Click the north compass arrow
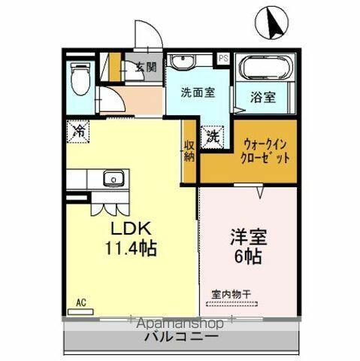click(272, 23)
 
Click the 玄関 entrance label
click(145, 66)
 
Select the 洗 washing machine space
click(213, 136)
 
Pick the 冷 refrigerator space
click(78, 130)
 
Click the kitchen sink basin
click(112, 179)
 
